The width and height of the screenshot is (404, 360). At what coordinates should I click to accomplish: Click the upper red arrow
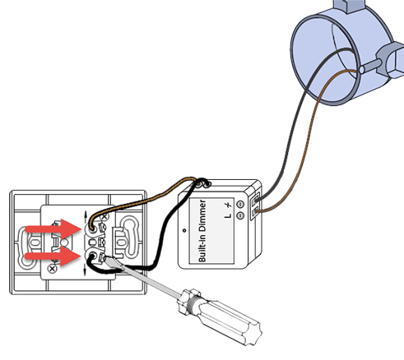coord(53,229)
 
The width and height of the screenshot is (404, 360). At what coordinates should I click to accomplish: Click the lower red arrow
coord(53,256)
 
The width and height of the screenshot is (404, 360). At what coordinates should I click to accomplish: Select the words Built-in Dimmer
coord(202,231)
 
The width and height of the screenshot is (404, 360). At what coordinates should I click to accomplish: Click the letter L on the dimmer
coord(228,215)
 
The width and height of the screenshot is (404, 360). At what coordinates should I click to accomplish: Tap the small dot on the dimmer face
coord(184,230)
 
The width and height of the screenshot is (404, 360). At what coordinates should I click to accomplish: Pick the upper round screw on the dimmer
coord(240,204)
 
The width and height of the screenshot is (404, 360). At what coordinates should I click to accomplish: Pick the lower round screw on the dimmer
coord(240,215)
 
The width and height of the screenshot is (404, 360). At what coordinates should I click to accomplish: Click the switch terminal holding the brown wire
coord(93,228)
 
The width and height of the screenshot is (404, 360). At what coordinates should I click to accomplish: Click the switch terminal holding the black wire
coord(92,256)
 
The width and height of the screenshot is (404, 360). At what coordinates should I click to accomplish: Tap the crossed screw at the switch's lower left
coord(52,269)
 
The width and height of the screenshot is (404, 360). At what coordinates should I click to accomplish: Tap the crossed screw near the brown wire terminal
coord(104,217)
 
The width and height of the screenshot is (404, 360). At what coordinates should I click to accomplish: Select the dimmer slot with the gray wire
coord(256,200)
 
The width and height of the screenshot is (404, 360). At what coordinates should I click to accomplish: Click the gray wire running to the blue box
coord(293,129)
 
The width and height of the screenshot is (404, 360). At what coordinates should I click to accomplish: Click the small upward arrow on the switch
coord(85,216)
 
